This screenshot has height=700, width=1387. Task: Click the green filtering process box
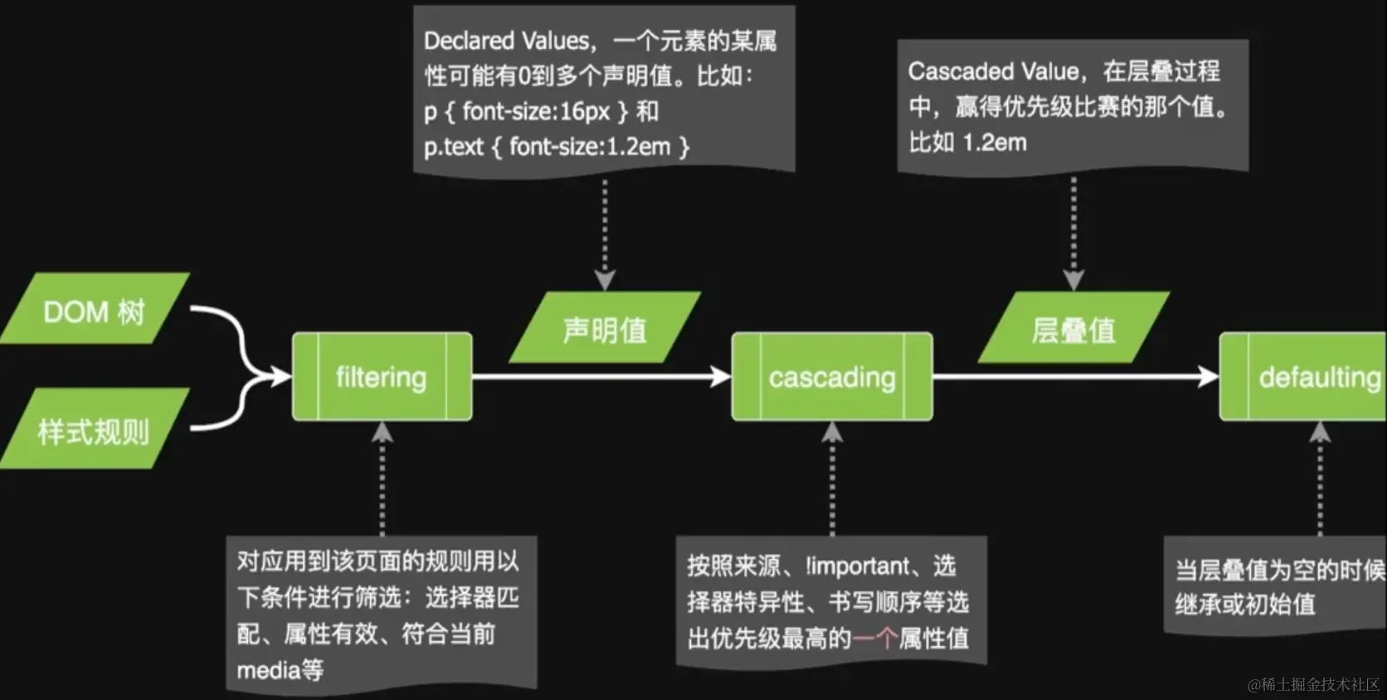coord(382,377)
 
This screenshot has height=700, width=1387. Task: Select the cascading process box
coord(832,377)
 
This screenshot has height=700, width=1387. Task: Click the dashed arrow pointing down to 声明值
coord(605,232)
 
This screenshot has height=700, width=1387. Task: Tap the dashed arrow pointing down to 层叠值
coord(1073,232)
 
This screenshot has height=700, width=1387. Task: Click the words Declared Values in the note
coord(506,41)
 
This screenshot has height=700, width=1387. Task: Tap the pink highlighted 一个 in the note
coord(874,638)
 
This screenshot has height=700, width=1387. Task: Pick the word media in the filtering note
coord(268,670)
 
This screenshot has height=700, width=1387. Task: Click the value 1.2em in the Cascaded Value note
coord(995,143)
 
